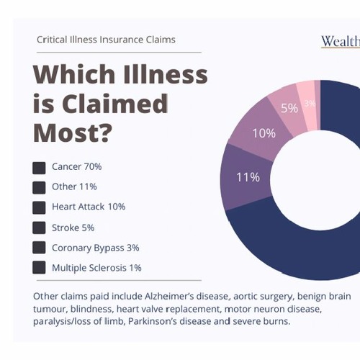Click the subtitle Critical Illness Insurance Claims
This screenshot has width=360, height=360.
[x=106, y=40]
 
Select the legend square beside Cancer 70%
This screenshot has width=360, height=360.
[x=39, y=168]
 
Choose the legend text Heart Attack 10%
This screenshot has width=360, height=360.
[x=89, y=207]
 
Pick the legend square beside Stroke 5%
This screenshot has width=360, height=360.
[x=39, y=228]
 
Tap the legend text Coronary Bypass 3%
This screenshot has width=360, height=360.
[x=95, y=248]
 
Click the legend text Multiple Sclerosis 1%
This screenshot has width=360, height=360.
[x=96, y=268]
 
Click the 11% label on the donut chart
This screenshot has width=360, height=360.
[x=248, y=176]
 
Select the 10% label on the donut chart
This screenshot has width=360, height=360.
[x=264, y=133]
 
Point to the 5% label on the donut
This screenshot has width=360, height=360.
[x=289, y=109]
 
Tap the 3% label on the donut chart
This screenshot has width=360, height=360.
[x=310, y=104]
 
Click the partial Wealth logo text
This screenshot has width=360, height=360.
[x=340, y=40]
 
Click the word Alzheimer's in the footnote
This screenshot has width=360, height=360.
[x=183, y=296]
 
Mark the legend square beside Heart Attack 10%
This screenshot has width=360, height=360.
[x=39, y=208]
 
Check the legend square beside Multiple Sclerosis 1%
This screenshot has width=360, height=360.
[x=39, y=269]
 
